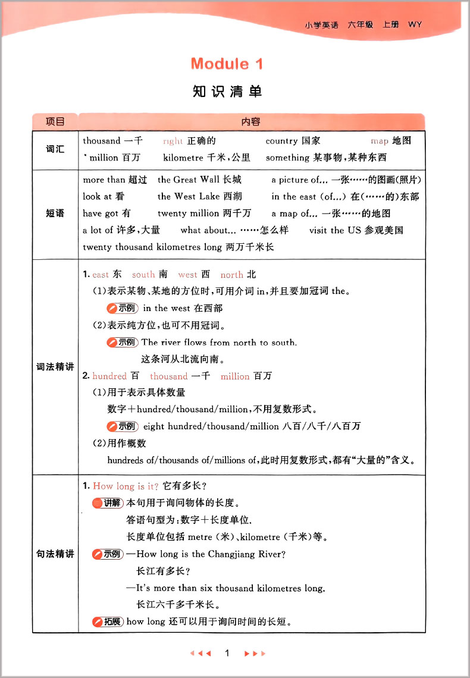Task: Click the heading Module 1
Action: point(227,64)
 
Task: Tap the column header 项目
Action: point(55,122)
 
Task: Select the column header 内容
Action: point(251,122)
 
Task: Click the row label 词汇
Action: point(55,149)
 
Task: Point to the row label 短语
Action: point(55,213)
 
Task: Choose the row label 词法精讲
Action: point(55,367)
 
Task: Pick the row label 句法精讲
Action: point(55,554)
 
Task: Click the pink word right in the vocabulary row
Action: point(173,141)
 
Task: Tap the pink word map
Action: point(379,141)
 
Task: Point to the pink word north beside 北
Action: point(231,275)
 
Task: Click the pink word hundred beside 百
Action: point(109,376)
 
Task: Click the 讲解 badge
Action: point(108,503)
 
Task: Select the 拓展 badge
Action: point(108,622)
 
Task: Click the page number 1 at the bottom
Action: point(227,653)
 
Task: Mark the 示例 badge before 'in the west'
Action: point(122,308)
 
